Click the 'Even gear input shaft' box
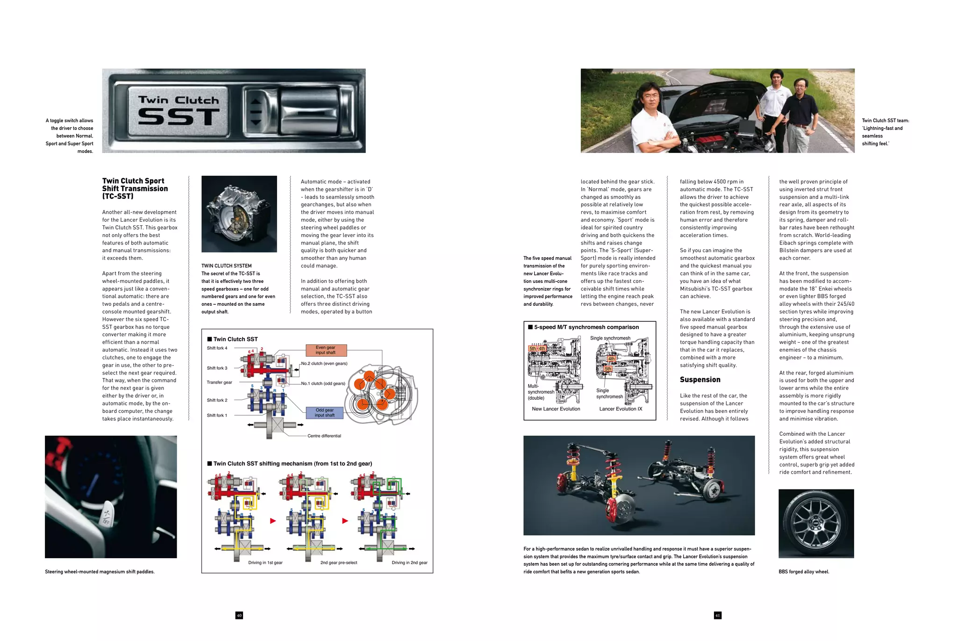pos(326,350)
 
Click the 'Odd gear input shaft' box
pos(324,413)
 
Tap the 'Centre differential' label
pos(324,436)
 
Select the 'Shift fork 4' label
pos(217,348)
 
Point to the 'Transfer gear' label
pos(219,382)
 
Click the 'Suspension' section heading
pos(700,380)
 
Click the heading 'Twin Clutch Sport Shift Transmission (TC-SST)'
pos(135,188)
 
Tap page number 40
pos(239,615)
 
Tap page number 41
pos(717,615)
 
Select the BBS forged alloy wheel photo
pos(816,523)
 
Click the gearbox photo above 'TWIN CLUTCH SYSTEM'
pos(239,214)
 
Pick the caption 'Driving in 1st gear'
pos(265,562)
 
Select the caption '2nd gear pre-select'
pos(338,562)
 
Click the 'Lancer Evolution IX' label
pos(621,409)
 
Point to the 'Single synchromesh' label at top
pos(610,338)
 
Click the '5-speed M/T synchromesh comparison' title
pos(586,327)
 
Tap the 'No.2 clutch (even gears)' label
pos(324,363)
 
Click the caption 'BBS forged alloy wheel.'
pos(804,571)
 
